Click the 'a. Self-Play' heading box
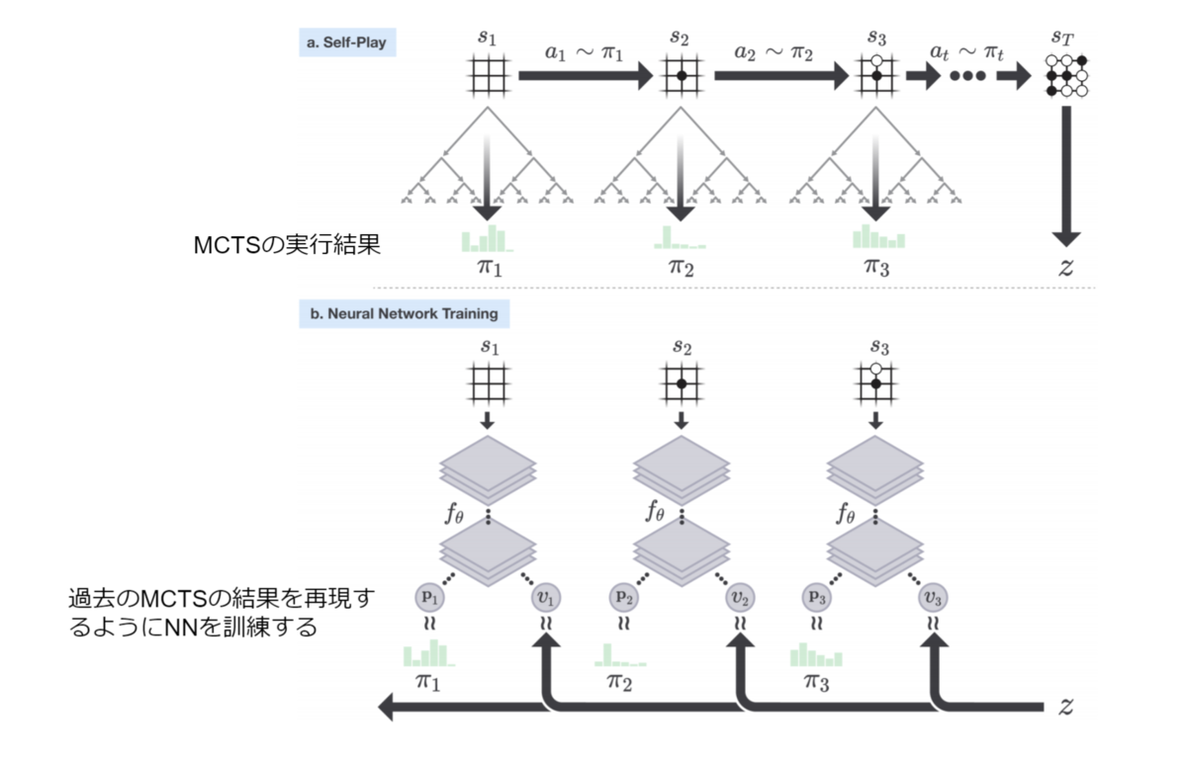click(347, 42)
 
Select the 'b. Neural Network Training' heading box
click(405, 314)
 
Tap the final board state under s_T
click(1066, 76)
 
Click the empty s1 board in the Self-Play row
click(488, 76)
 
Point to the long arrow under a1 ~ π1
click(586, 76)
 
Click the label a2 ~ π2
click(774, 52)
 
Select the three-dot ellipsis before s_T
click(967, 76)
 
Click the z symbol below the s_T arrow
click(1065, 267)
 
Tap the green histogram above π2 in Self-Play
click(680, 237)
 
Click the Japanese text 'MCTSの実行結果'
click(287, 244)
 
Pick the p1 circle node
click(429, 598)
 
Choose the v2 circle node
click(740, 598)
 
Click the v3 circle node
click(933, 598)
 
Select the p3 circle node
click(817, 598)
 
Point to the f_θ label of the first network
click(455, 512)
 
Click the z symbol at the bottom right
click(1065, 706)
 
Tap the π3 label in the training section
click(817, 682)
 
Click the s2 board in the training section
click(682, 383)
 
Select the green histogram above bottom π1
click(429, 653)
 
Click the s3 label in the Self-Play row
click(876, 38)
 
